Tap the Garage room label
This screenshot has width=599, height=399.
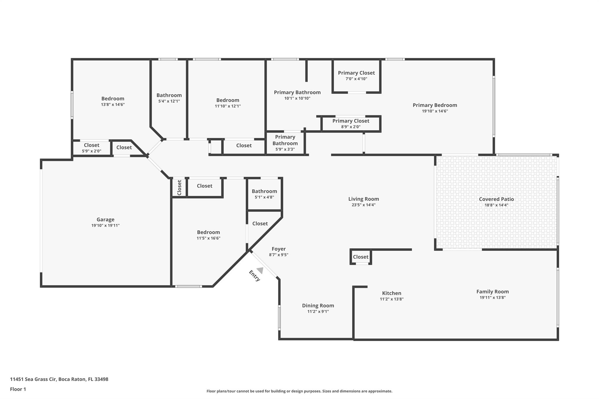(x=106, y=220)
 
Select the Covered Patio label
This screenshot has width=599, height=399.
(x=496, y=199)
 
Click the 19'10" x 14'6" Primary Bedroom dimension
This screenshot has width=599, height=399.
(x=435, y=111)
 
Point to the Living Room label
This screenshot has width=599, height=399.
(x=364, y=199)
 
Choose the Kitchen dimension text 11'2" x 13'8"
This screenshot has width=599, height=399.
(x=392, y=299)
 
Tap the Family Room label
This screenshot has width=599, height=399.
(x=493, y=291)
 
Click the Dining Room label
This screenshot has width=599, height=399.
(x=318, y=305)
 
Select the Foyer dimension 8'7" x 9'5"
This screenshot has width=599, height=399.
(x=279, y=255)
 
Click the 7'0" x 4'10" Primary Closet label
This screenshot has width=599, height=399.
(x=356, y=73)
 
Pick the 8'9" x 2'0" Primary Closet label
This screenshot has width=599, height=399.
(x=351, y=121)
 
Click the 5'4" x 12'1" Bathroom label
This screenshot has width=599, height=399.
(x=169, y=95)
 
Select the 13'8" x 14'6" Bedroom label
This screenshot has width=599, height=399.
(x=113, y=99)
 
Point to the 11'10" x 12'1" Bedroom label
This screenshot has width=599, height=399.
(x=228, y=100)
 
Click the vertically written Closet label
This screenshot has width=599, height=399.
(x=179, y=187)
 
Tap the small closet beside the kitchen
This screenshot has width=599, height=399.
(x=361, y=257)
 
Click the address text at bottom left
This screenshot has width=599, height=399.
(x=59, y=379)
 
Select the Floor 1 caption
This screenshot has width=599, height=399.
(x=18, y=389)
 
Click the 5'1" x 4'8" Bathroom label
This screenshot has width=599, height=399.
(x=264, y=191)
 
